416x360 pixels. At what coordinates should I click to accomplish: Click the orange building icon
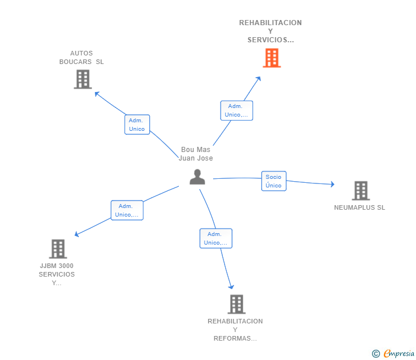(271, 58)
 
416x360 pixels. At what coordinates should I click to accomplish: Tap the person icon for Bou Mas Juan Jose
(197, 177)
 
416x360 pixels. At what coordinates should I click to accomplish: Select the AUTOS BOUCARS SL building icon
(83, 79)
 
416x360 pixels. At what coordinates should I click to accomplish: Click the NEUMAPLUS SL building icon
(361, 190)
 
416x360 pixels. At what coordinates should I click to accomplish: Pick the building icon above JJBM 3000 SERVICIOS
(58, 249)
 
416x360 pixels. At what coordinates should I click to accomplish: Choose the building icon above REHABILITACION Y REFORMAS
(237, 305)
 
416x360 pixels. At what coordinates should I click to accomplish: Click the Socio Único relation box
(274, 181)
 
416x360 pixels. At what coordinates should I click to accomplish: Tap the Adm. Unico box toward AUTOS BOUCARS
(137, 125)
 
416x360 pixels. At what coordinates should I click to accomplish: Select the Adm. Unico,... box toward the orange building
(237, 110)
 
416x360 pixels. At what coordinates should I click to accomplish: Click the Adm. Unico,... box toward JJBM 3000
(127, 210)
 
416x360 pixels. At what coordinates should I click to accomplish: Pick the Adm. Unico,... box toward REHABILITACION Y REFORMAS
(216, 238)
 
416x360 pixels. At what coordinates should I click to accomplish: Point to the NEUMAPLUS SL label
(359, 207)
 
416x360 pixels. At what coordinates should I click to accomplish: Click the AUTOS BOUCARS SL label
(82, 57)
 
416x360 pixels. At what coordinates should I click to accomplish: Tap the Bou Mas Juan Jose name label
(196, 154)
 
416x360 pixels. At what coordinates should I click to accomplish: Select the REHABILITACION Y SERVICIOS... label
(271, 31)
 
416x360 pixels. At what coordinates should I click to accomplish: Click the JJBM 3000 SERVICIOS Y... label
(57, 274)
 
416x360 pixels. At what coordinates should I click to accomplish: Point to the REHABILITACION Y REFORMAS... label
(235, 330)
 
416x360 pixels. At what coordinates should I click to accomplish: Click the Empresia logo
(393, 353)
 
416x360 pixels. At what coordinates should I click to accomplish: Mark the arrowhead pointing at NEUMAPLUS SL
(333, 184)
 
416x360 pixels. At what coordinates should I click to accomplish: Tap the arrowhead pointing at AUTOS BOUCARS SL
(97, 94)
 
